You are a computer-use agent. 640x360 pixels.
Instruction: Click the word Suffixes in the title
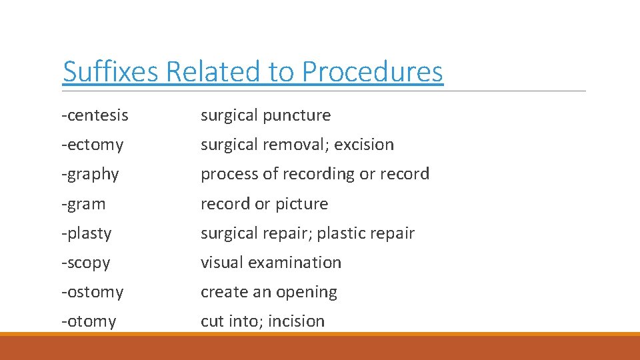(x=111, y=72)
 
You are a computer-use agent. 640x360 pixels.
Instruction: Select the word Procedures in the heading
(x=372, y=72)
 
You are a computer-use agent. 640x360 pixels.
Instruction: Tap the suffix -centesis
(x=95, y=115)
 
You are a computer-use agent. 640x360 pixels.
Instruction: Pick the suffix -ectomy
(x=93, y=145)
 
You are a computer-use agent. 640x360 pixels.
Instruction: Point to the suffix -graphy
(x=90, y=175)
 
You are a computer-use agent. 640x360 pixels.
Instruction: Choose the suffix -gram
(x=83, y=204)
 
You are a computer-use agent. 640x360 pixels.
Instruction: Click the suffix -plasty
(x=87, y=233)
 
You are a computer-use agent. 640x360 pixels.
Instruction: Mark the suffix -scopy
(x=85, y=263)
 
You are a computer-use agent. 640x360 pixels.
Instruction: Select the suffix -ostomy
(x=93, y=292)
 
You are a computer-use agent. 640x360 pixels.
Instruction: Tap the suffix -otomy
(x=89, y=321)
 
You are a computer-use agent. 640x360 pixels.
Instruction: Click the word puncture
(x=297, y=115)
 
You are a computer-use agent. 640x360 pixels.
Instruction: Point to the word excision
(x=365, y=145)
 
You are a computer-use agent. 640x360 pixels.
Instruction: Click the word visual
(x=222, y=263)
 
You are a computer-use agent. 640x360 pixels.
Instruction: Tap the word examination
(x=295, y=263)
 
